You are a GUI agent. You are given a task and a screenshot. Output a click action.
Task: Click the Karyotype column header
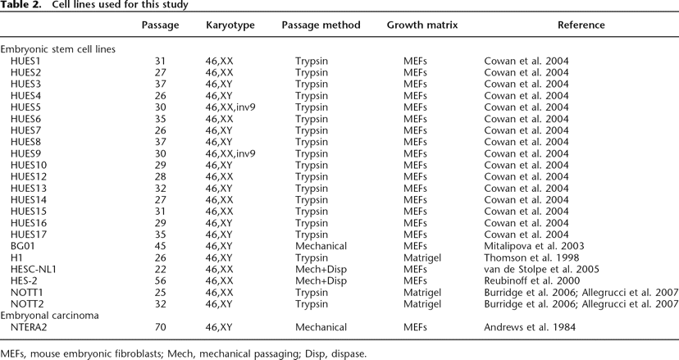230,25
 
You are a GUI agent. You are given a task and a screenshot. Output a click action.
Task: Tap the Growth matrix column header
422,25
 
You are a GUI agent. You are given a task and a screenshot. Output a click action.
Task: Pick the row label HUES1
25,61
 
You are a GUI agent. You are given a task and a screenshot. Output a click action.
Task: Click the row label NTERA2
30,326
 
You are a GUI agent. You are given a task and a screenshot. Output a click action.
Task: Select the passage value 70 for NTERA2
161,326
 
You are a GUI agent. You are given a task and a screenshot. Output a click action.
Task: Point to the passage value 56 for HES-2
161,280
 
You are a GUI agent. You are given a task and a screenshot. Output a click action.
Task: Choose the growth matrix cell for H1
422,257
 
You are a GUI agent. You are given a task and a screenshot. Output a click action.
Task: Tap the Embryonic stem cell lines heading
57,49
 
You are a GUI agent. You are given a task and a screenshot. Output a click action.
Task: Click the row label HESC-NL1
34,268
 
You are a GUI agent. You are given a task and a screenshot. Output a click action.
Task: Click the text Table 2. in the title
19,6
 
